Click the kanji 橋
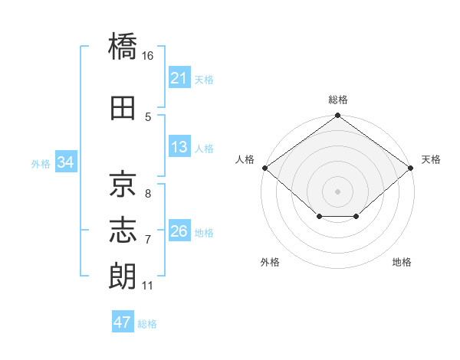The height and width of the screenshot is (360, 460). (x=123, y=46)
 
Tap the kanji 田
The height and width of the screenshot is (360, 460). (x=123, y=108)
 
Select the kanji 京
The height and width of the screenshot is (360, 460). (x=123, y=184)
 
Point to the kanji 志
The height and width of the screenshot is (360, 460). (x=123, y=230)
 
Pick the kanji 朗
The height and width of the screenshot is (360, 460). (x=123, y=276)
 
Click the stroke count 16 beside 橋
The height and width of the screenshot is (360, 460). (x=147, y=56)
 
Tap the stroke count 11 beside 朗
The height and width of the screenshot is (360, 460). (x=147, y=286)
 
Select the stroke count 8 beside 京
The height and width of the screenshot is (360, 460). (x=148, y=194)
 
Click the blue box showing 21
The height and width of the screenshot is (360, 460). (x=179, y=77)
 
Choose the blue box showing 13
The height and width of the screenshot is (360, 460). (x=179, y=146)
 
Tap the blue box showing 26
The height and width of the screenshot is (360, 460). (x=179, y=230)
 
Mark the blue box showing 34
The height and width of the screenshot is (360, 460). (x=66, y=162)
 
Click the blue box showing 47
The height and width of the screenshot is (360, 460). (x=123, y=321)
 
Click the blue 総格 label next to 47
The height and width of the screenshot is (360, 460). (x=147, y=324)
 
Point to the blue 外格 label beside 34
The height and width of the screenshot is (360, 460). (x=41, y=164)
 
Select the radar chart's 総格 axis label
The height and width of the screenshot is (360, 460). (x=338, y=100)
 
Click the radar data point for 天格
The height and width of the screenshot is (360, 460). (x=411, y=168)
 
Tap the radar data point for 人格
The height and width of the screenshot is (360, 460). (x=265, y=168)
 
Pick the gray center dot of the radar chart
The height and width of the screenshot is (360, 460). (x=337, y=191)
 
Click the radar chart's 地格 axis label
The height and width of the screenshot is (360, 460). (x=402, y=262)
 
